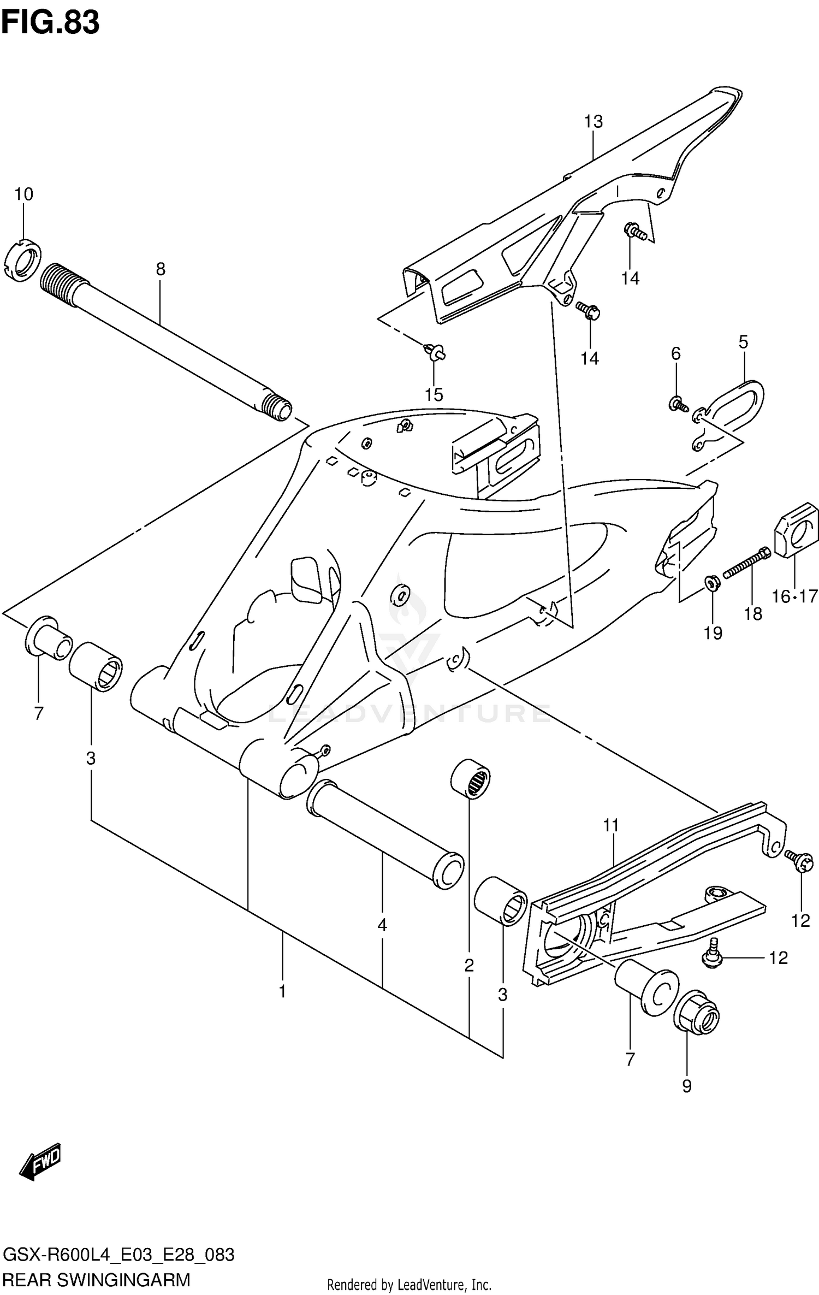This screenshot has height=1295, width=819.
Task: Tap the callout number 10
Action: click(x=23, y=194)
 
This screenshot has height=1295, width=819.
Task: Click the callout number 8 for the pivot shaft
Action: click(x=160, y=269)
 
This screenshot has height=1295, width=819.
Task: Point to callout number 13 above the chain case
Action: click(x=594, y=121)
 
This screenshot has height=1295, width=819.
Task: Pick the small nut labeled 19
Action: click(x=712, y=583)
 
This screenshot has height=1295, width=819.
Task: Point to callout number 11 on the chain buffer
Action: click(x=611, y=826)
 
